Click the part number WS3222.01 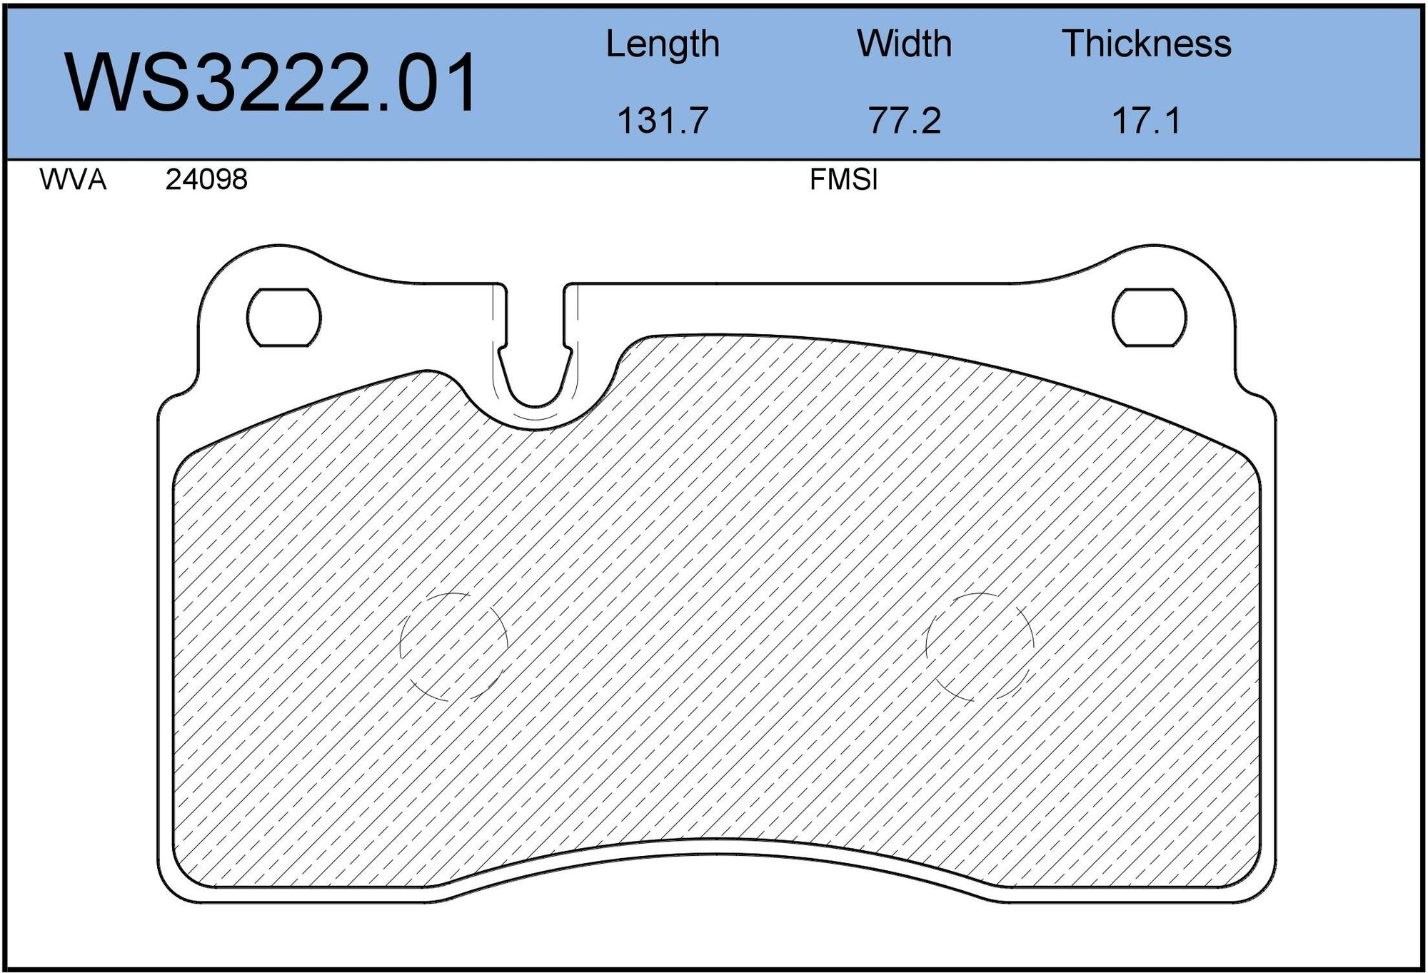click(x=271, y=84)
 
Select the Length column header click(x=662, y=44)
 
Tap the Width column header click(x=904, y=44)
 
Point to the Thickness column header click(x=1146, y=44)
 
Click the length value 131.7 click(x=662, y=120)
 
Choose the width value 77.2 click(x=904, y=120)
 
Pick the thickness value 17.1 click(x=1146, y=120)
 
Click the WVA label click(x=73, y=180)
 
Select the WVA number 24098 click(x=206, y=180)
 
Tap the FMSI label click(x=843, y=180)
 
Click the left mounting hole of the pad click(x=283, y=318)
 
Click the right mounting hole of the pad click(x=1149, y=318)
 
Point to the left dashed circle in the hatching click(x=453, y=646)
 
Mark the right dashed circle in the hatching click(x=980, y=646)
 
